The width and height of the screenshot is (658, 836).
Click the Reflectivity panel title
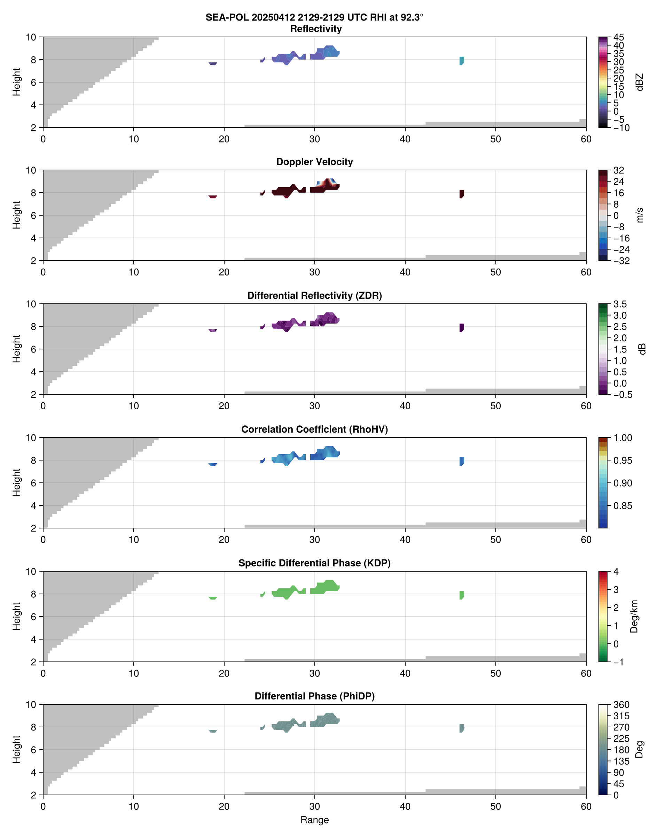(315, 29)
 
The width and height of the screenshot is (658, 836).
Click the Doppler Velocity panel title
(314, 162)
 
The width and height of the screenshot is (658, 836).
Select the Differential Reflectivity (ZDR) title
(314, 296)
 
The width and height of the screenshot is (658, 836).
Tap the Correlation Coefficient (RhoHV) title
(314, 429)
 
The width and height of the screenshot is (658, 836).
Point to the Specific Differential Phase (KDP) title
(314, 563)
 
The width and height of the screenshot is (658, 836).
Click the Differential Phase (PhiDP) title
(314, 696)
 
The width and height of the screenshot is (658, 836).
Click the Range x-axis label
(314, 820)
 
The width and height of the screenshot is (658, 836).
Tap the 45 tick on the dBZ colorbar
(619, 37)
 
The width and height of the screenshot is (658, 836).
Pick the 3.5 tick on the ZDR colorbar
(620, 304)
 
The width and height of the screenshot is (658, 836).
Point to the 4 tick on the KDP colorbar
(616, 572)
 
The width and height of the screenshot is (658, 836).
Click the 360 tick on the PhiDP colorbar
(621, 705)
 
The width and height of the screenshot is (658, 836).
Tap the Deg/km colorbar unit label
(634, 617)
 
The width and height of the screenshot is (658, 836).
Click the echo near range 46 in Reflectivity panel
(462, 61)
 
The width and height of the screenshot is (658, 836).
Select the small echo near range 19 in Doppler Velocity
(213, 196)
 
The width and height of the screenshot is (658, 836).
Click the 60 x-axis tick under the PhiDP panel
(586, 806)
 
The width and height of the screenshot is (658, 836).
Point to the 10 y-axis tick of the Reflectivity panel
(31, 37)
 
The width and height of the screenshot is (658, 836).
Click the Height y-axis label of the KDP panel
(16, 617)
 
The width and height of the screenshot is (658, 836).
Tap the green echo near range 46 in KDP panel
(462, 595)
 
